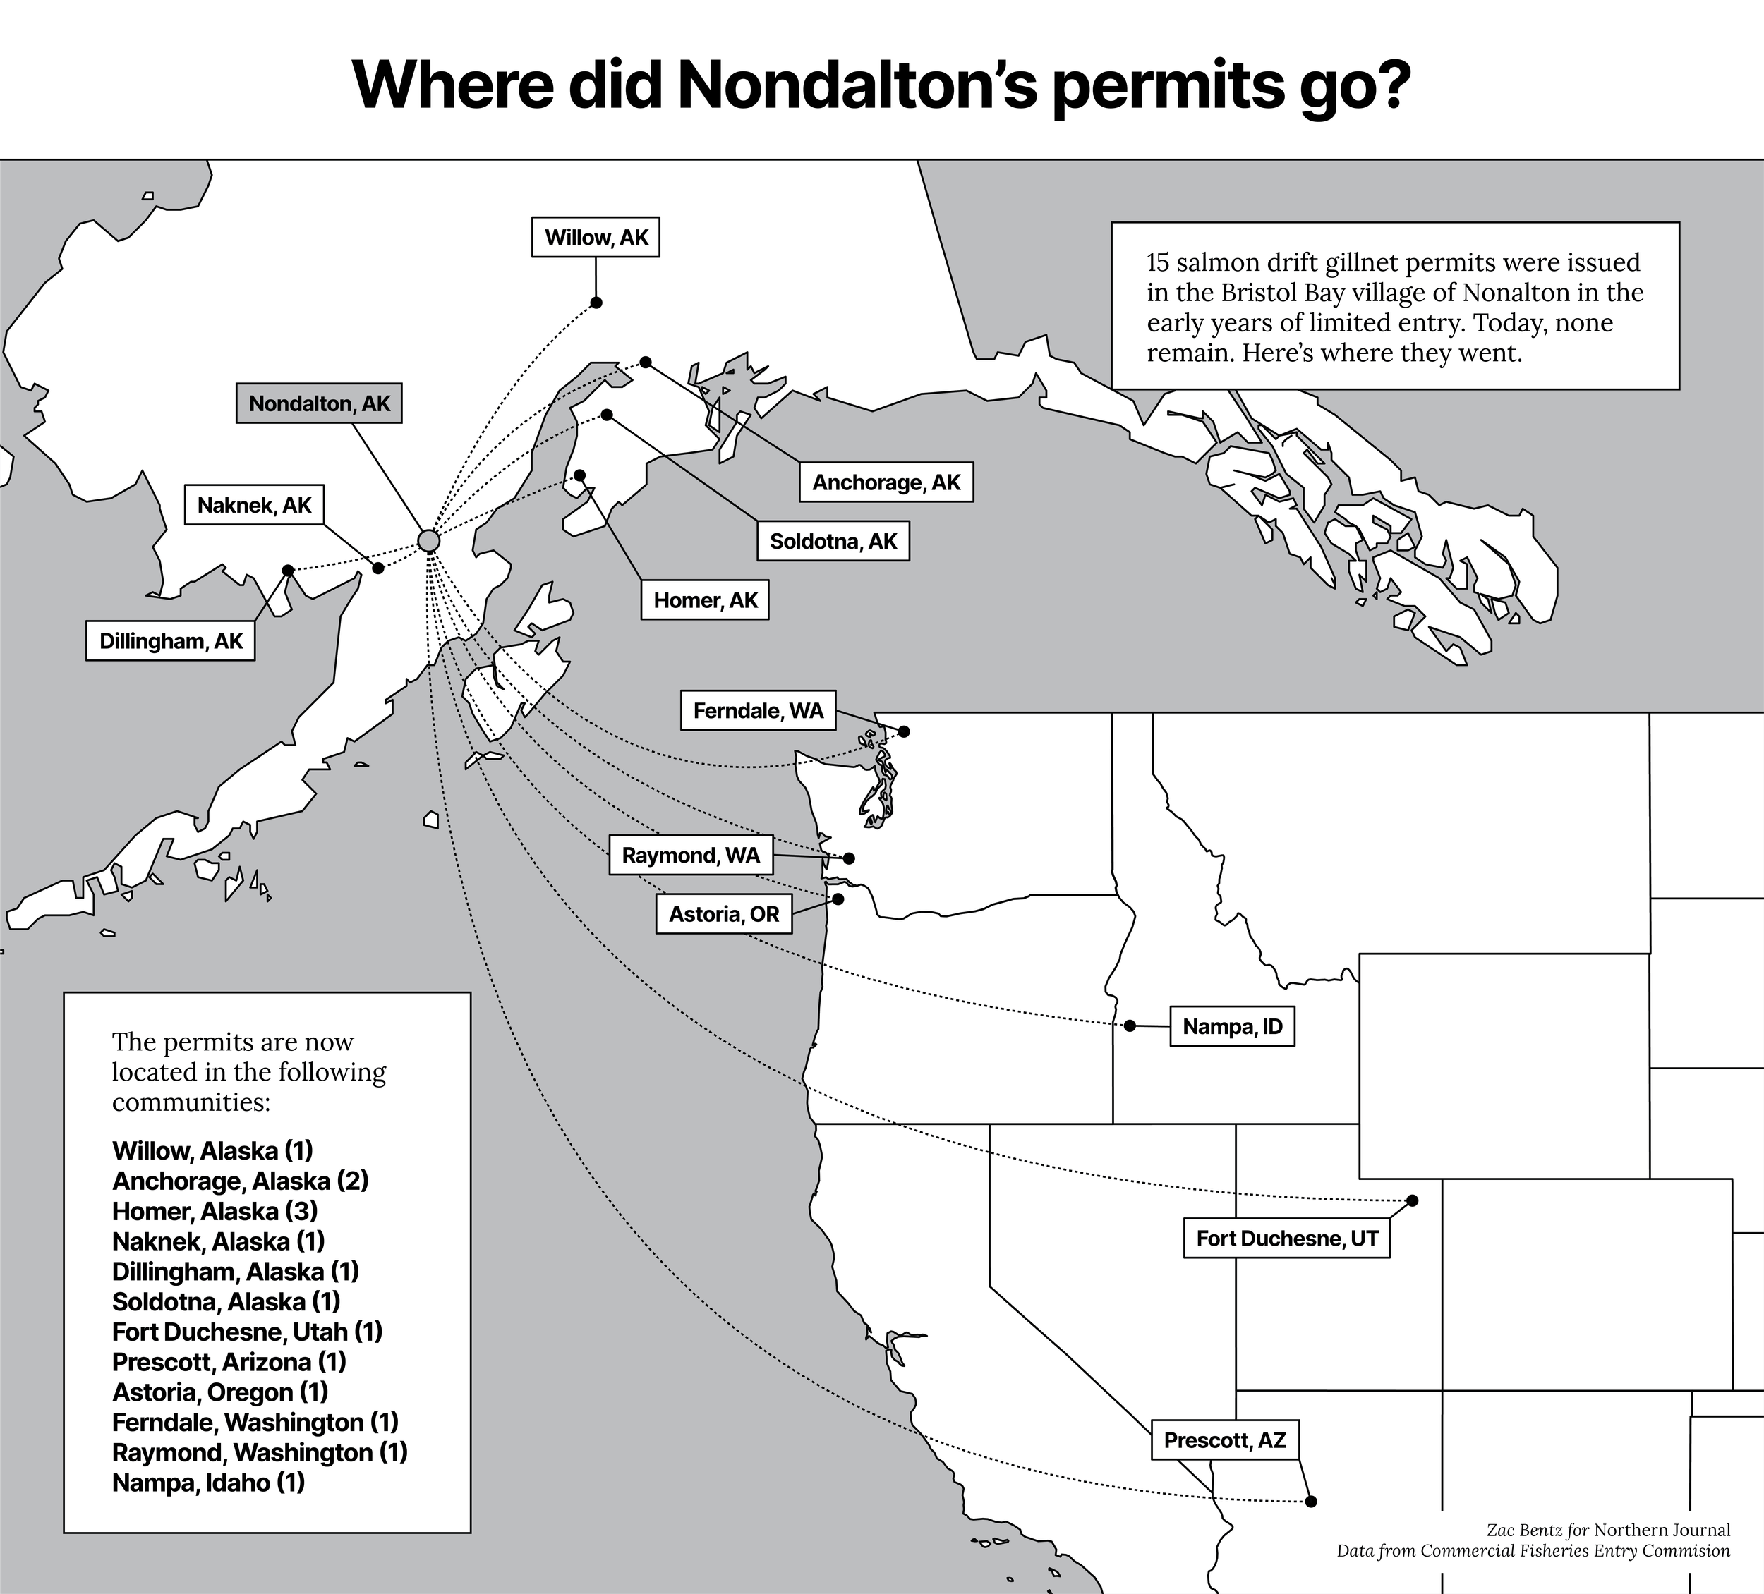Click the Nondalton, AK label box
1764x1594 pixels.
(x=318, y=403)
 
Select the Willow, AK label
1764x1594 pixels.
(x=596, y=237)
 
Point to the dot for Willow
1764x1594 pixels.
(x=596, y=303)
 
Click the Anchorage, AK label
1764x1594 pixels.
(x=886, y=482)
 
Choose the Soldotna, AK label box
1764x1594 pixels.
(x=833, y=542)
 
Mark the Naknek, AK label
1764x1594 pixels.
(x=254, y=505)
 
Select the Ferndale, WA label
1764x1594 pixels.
(x=758, y=710)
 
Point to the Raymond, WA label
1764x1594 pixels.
(x=690, y=855)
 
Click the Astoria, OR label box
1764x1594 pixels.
(x=724, y=914)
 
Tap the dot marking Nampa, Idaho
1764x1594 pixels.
(x=1130, y=1026)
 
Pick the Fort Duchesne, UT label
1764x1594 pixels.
(x=1286, y=1238)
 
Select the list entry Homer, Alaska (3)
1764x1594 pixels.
(x=215, y=1211)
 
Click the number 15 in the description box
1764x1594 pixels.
(x=1159, y=262)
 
